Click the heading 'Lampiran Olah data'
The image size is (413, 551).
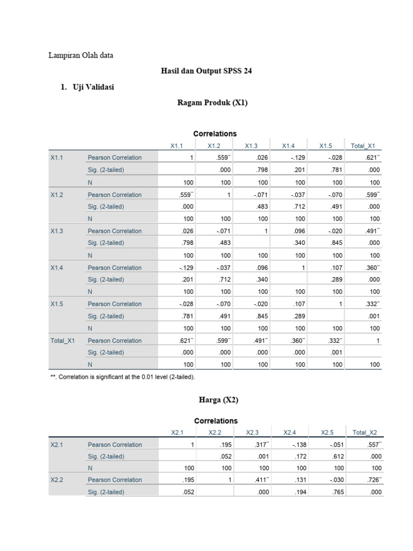81,55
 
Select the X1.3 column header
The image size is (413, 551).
252,145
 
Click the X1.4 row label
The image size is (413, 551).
57,267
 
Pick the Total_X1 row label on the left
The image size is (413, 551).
62,341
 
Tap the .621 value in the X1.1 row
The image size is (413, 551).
372,158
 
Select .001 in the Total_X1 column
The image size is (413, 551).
374,316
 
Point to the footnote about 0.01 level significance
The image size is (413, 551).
123,377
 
